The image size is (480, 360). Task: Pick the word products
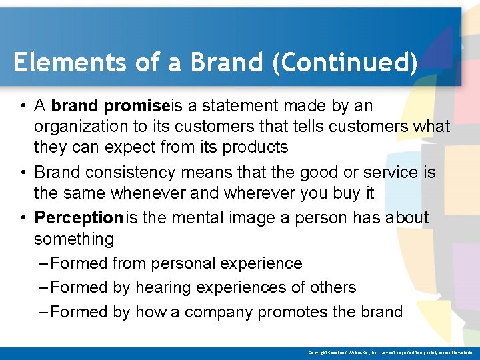point(255,147)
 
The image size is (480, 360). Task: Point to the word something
point(74,239)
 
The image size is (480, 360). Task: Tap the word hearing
point(163,287)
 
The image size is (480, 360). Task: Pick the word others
point(332,287)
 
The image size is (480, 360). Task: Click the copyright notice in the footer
point(390,352)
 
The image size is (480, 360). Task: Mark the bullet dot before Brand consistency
point(23,172)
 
